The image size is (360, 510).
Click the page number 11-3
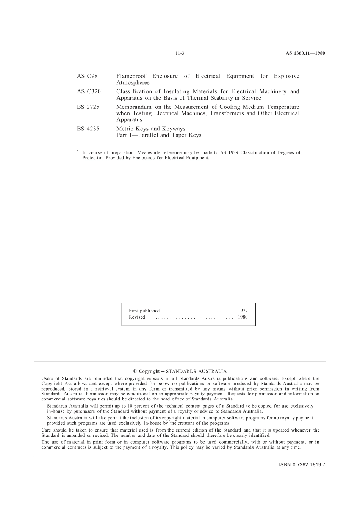[x=180, y=53]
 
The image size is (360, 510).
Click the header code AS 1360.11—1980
[x=305, y=53]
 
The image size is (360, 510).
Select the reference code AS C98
[x=87, y=76]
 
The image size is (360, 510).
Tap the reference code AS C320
[x=89, y=91]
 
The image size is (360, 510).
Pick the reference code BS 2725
[x=88, y=107]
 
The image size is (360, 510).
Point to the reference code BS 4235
[x=88, y=129]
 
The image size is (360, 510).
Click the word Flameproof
[x=131, y=76]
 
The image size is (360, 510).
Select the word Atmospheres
[x=133, y=83]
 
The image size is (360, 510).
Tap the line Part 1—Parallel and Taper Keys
[x=159, y=135]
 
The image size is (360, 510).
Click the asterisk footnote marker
[x=78, y=151]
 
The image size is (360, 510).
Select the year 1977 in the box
[x=243, y=311]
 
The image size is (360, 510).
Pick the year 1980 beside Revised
[x=243, y=317]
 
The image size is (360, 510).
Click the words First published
[x=144, y=311]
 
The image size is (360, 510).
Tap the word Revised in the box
[x=137, y=317]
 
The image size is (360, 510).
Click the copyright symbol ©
[x=135, y=371]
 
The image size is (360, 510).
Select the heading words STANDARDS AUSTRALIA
[x=196, y=371]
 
